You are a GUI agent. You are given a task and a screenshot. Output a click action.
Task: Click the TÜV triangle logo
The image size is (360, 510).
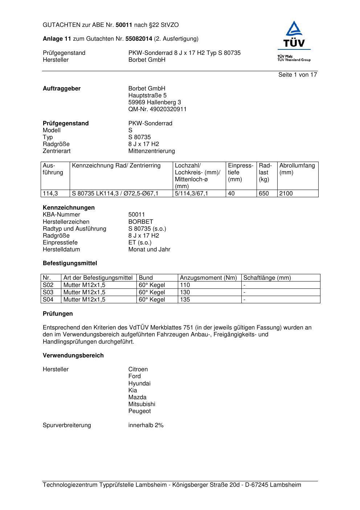294,35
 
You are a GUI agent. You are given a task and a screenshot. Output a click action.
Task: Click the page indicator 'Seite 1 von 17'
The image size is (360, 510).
298,75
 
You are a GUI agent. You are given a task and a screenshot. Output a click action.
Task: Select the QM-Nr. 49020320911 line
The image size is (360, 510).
157,109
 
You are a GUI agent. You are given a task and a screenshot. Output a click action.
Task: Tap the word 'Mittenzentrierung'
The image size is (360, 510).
151,151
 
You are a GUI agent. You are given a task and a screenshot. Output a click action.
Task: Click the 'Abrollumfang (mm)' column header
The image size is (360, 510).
297,169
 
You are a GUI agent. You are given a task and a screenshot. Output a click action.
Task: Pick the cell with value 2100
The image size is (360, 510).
286,194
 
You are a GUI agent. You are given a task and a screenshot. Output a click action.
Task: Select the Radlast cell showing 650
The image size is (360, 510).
264,194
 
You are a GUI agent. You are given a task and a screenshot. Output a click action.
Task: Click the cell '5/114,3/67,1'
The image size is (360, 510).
191,194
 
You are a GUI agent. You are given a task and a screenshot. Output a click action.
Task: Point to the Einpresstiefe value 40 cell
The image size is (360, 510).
231,194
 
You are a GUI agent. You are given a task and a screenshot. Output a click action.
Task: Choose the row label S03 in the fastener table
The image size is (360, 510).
48,292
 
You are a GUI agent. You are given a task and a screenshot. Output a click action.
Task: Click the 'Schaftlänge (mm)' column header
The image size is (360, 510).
267,278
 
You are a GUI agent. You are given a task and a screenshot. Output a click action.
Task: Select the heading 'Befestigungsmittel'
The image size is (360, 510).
70,263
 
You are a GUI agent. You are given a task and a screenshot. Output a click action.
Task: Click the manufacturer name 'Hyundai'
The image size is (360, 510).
139,384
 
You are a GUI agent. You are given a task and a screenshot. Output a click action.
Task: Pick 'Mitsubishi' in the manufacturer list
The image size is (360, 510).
142,404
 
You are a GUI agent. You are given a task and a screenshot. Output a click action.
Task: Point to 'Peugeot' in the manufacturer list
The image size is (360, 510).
139,411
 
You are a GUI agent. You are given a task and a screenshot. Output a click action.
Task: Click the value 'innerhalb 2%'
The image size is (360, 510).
146,425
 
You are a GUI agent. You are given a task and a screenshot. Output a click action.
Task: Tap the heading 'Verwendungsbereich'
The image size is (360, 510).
73,356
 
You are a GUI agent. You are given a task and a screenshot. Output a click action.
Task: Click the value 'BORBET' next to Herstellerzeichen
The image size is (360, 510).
140,222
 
